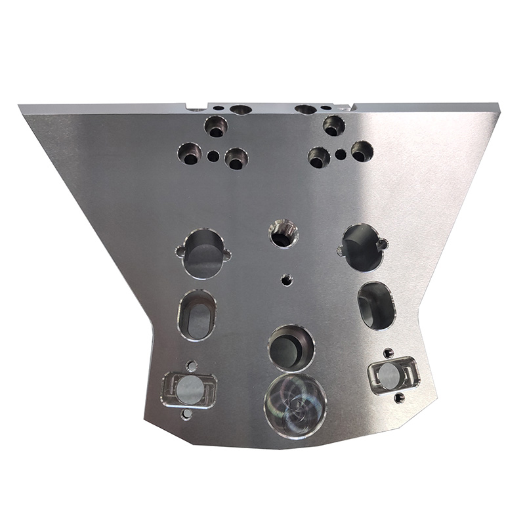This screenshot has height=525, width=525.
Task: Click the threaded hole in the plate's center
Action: pos(283,234)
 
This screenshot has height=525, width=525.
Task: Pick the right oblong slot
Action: pos(377,305)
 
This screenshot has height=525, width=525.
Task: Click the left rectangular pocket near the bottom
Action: pos(189,390)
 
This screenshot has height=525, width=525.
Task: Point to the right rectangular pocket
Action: pos(391,375)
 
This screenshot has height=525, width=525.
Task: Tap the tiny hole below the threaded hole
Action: pos(285,279)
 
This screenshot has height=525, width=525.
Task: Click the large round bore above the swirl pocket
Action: pos(291,346)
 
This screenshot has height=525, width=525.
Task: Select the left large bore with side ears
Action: pos(203,253)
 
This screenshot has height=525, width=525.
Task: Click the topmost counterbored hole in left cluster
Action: pos(216,125)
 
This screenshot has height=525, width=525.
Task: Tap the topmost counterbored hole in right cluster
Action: pos(333,125)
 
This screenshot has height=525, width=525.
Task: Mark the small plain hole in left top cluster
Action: pos(213,156)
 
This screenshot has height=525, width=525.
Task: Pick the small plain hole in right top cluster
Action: pos(341,155)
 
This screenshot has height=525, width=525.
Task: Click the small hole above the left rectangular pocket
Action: pos(192,364)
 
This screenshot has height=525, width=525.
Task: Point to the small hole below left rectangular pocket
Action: pos(187,414)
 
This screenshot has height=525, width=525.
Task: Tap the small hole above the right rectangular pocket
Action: pos(388,352)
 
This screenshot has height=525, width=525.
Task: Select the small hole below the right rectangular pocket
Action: pos(399,398)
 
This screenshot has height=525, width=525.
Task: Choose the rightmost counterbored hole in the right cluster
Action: pos(362,152)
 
